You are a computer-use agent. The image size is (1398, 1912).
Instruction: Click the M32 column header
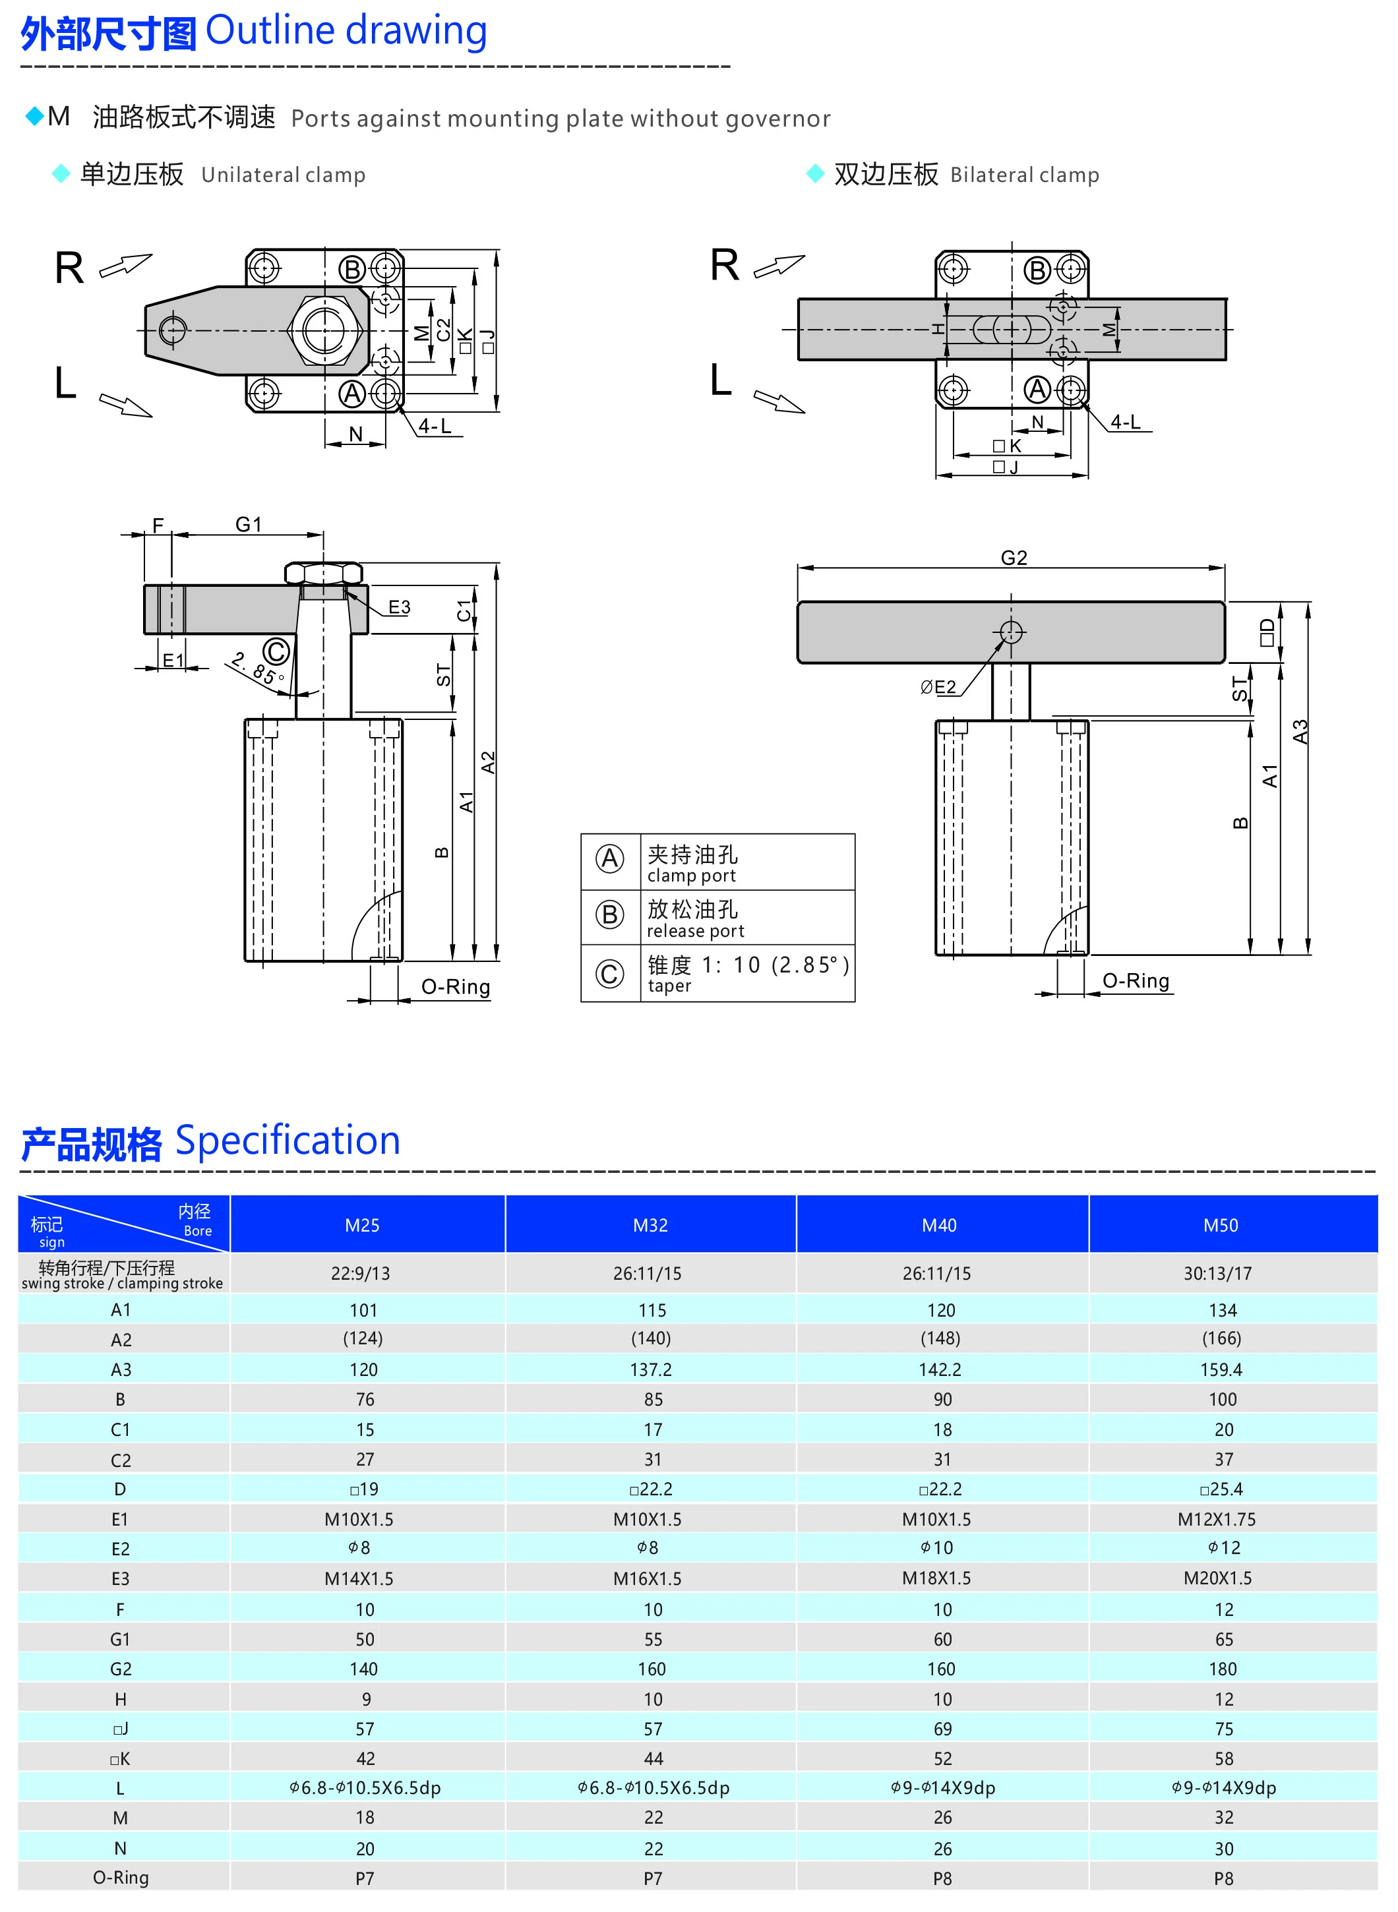click(x=650, y=1225)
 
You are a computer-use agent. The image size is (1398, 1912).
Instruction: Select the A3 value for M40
click(x=940, y=1369)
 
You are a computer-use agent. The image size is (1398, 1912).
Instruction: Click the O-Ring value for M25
click(x=364, y=1878)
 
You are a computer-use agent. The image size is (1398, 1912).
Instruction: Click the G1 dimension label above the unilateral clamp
click(x=249, y=525)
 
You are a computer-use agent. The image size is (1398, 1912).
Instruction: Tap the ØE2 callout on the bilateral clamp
click(x=938, y=687)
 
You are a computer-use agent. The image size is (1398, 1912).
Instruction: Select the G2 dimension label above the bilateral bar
click(x=1013, y=558)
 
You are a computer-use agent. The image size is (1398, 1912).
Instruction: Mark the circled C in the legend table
click(x=609, y=974)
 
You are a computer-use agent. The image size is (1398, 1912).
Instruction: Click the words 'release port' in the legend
click(x=695, y=931)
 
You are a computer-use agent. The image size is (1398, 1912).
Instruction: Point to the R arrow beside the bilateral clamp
click(x=779, y=266)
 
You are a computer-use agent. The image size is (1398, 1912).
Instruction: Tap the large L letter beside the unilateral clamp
click(x=66, y=382)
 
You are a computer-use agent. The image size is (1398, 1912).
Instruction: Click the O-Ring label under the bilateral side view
click(x=1135, y=980)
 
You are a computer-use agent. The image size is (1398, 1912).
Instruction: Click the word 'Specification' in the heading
click(x=287, y=1141)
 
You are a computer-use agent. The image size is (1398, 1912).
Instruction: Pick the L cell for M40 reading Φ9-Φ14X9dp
click(x=942, y=1787)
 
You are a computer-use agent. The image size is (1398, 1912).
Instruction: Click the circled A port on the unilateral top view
click(x=352, y=394)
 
